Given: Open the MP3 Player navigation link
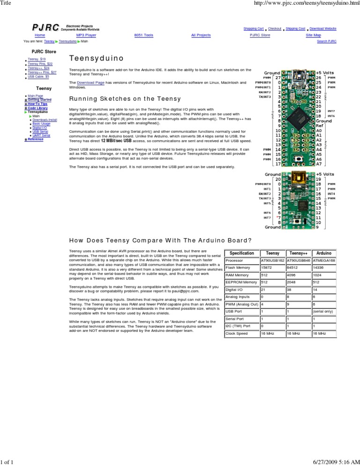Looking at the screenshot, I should [86, 35].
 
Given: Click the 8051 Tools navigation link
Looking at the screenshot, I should [143, 35].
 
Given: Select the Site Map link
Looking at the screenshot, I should [313, 35].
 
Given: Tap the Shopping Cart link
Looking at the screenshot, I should [253, 29].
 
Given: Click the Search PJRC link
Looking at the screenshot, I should [327, 41].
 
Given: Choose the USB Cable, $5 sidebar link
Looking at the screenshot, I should [38, 76].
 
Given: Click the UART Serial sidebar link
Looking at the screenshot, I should [41, 135].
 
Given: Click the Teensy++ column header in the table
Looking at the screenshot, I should [299, 253].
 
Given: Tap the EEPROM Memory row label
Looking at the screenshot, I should [241, 282].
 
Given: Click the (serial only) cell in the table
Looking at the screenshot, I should [323, 311].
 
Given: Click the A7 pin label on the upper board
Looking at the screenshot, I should [319, 164].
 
